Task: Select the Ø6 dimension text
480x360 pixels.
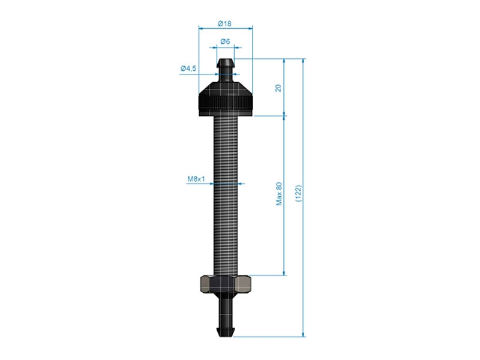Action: click(x=225, y=41)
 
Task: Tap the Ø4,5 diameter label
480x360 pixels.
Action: click(x=188, y=69)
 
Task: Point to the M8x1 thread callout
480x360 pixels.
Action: click(x=196, y=179)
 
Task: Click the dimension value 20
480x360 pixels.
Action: click(x=278, y=88)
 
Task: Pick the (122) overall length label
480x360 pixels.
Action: click(x=298, y=194)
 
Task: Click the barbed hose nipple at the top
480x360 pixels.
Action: click(x=226, y=70)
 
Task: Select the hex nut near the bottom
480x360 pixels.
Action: click(x=226, y=283)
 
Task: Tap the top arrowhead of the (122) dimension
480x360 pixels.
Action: click(x=304, y=61)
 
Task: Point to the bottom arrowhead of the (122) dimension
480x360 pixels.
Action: click(x=304, y=334)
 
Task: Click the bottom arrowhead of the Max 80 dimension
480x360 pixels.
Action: click(x=284, y=272)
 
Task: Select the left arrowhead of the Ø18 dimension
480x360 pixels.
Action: click(x=200, y=28)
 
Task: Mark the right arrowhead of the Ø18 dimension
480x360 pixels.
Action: click(x=251, y=28)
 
